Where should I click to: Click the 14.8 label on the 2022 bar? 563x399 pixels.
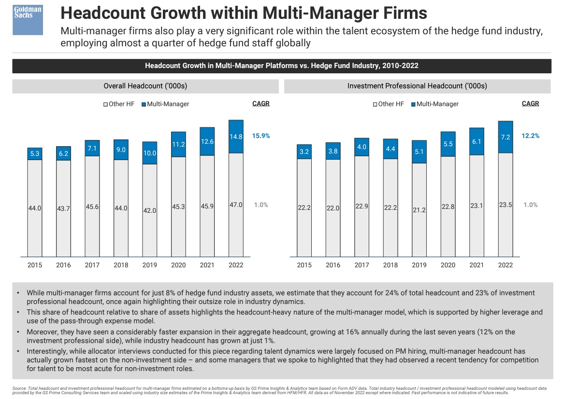[236, 137]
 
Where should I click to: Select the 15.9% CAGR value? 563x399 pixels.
[261, 136]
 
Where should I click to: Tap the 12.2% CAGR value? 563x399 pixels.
[530, 136]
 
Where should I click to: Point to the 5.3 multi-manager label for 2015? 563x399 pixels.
[35, 153]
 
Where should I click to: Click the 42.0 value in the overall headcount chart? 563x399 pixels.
[150, 210]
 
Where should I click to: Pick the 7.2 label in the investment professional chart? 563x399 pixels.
[505, 137]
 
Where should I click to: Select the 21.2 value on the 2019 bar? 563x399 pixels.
[419, 210]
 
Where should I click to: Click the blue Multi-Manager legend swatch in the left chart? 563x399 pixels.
[144, 104]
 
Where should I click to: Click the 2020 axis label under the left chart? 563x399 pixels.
[178, 265]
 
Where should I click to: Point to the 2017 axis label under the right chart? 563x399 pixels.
[361, 265]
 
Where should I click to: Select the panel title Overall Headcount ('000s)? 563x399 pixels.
[145, 86]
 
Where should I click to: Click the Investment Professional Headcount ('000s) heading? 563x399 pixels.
[417, 86]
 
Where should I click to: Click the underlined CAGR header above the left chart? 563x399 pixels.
[261, 103]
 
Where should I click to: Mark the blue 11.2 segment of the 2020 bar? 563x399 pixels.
[178, 144]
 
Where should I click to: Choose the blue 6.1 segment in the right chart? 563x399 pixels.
[476, 141]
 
